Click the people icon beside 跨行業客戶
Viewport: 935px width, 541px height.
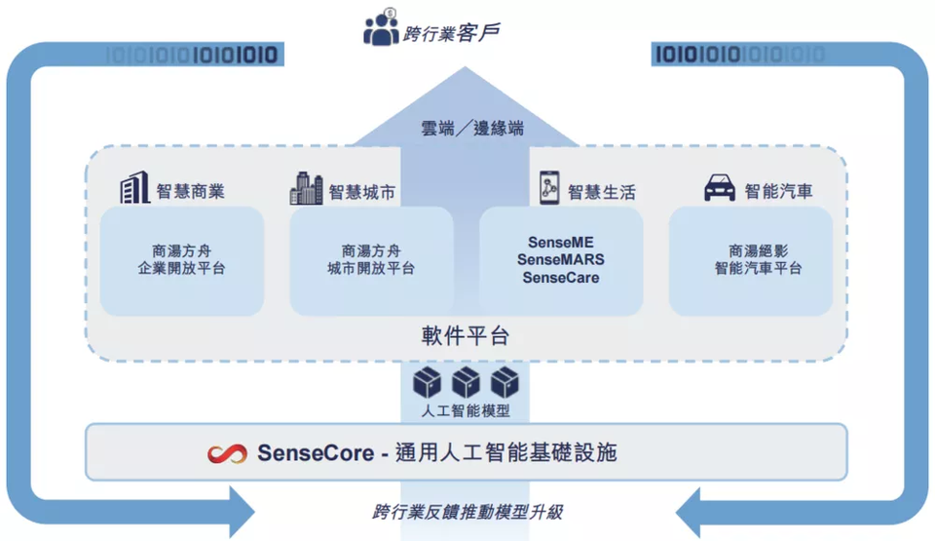381,27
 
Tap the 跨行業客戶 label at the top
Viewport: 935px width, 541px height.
451,33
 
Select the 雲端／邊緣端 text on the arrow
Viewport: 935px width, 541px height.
472,128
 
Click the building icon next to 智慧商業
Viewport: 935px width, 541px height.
134,187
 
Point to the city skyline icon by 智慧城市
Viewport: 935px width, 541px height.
306,188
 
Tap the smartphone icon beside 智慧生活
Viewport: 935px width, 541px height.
549,187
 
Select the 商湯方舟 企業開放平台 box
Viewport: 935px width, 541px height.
182,261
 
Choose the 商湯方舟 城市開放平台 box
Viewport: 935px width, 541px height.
371,261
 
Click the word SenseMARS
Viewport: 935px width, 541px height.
561,259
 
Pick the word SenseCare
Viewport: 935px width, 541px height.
561,278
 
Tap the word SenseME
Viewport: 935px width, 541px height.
561,243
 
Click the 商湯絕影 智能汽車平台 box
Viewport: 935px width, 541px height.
751,261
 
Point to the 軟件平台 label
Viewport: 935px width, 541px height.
466,336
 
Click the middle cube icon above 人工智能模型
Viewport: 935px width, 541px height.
466,382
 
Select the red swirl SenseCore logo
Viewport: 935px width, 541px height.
227,454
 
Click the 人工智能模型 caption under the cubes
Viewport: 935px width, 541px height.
466,410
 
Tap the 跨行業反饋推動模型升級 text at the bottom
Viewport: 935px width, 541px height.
467,513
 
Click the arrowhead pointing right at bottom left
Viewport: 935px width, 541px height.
242,512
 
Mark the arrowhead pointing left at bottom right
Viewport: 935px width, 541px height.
689,513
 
